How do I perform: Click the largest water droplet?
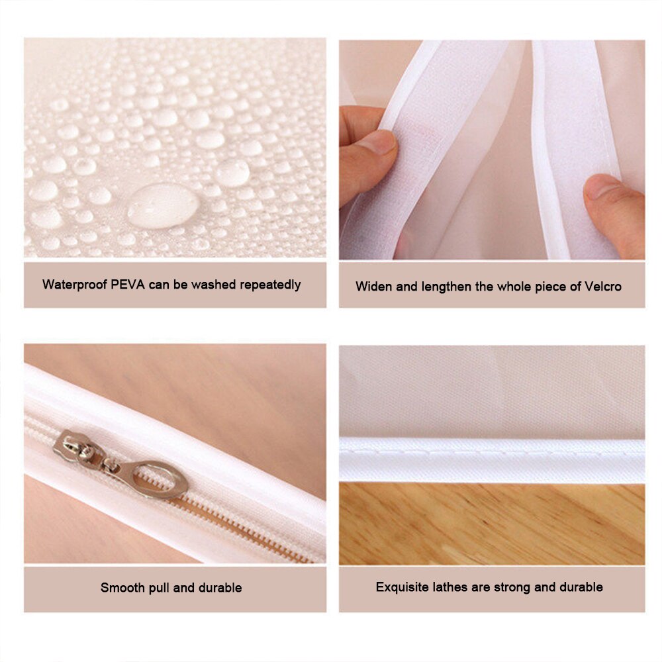tap(163, 206)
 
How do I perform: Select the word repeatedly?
tap(269, 285)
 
